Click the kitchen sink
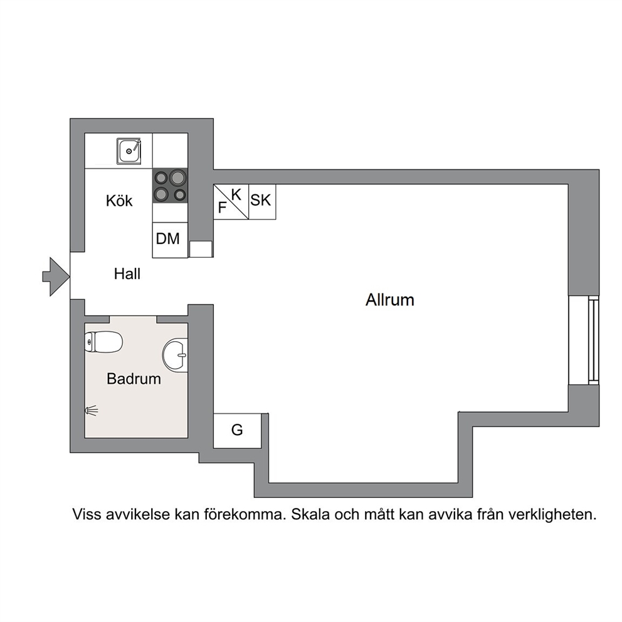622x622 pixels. tap(129, 150)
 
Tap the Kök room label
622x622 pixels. tap(119, 201)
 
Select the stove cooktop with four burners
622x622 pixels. tap(170, 186)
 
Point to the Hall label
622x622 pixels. tap(127, 274)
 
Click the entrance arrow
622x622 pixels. tap(56, 277)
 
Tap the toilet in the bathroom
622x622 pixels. tap(103, 342)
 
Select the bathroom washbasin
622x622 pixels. tap(176, 355)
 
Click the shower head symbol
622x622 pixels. tap(92, 411)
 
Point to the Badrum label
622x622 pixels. tap(134, 379)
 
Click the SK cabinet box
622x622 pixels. tap(262, 201)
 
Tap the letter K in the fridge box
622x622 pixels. tap(236, 195)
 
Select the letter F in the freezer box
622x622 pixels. tap(222, 208)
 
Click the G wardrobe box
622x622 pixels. tap(237, 431)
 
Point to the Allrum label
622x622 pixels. tap(389, 300)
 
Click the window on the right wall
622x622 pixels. tap(584, 340)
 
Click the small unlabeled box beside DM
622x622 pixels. tap(201, 249)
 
